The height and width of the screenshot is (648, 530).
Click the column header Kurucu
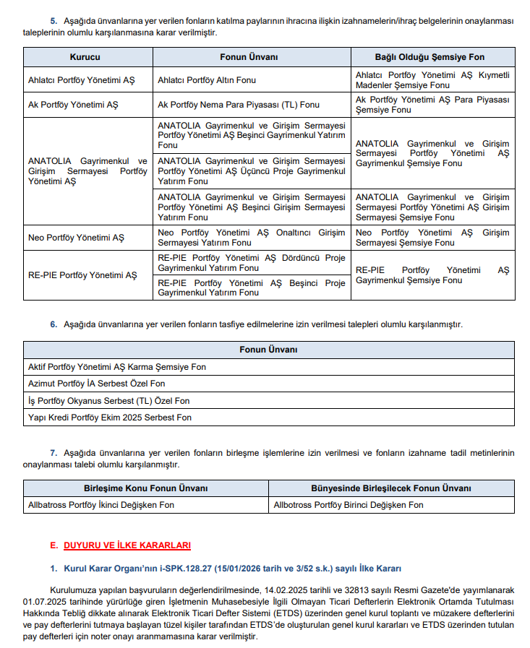pyautogui.click(x=85, y=57)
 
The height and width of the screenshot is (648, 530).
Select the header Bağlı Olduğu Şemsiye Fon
pyautogui.click(x=429, y=57)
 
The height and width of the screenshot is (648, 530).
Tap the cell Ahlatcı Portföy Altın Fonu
pyautogui.click(x=207, y=80)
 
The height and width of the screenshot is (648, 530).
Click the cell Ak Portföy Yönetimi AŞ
pyautogui.click(x=73, y=105)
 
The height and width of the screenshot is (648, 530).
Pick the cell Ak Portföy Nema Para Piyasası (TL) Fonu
pyautogui.click(x=239, y=105)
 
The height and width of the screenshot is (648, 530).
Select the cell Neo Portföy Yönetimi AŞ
pyautogui.click(x=76, y=238)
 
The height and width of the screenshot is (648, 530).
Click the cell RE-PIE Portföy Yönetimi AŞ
pyautogui.click(x=82, y=275)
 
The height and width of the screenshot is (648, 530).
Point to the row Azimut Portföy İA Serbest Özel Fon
pyautogui.click(x=96, y=384)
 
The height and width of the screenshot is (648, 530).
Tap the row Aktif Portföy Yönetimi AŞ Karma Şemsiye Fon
pyautogui.click(x=116, y=367)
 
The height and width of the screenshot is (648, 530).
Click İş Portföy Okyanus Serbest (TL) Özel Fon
pyautogui.click(x=108, y=401)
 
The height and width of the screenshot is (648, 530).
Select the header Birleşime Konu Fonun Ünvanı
pyautogui.click(x=146, y=488)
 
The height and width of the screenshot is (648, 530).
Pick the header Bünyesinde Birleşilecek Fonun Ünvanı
pyautogui.click(x=391, y=488)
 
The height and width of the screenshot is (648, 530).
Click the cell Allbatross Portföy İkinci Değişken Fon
pyautogui.click(x=101, y=505)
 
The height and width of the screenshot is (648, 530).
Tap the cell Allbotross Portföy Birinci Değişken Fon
pyautogui.click(x=349, y=505)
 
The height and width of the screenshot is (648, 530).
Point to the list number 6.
pyautogui.click(x=54, y=324)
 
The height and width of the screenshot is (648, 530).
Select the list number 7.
pyautogui.click(x=54, y=453)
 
